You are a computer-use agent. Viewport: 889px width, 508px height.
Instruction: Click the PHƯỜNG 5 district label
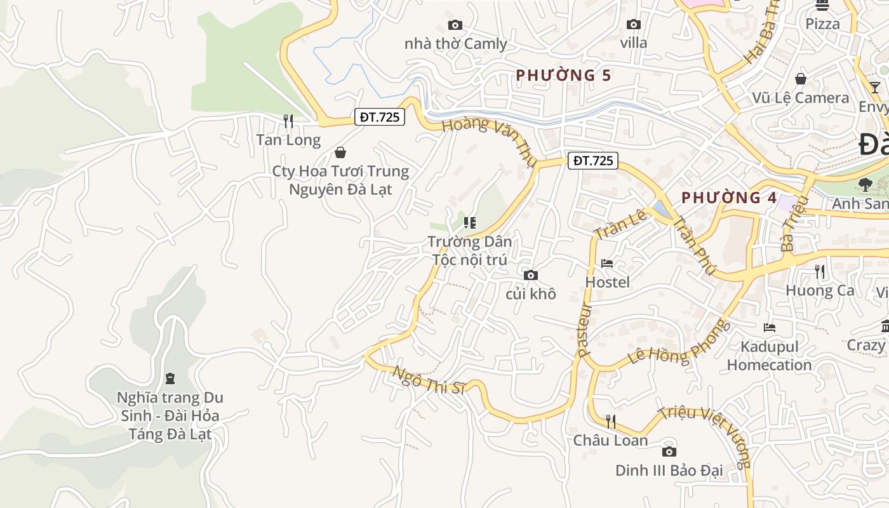[x=563, y=76]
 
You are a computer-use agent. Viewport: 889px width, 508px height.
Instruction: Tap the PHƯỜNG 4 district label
[x=729, y=197]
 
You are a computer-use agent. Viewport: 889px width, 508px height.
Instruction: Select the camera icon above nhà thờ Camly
[x=455, y=25]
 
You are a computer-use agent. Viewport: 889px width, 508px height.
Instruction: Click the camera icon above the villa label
[x=633, y=24]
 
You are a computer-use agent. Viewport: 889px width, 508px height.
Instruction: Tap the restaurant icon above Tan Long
[x=288, y=120]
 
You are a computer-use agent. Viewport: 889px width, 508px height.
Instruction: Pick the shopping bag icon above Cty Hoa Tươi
[x=340, y=152]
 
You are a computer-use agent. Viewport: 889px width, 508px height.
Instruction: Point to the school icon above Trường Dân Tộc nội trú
[x=470, y=222]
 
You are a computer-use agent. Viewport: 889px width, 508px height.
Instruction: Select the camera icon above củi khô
[x=531, y=275]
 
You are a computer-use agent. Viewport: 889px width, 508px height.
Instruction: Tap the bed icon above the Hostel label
[x=607, y=263]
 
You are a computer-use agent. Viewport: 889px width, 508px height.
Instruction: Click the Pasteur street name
[x=585, y=330]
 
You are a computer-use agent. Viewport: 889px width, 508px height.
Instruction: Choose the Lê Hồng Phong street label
[x=678, y=344]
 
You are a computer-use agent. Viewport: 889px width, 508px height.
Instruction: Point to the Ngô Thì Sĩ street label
[x=429, y=380]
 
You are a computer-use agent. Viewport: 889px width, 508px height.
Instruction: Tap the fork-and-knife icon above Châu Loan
[x=610, y=421]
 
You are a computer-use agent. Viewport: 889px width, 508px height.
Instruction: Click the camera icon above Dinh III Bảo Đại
[x=669, y=451]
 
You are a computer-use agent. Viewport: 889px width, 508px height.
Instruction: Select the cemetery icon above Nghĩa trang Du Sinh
[x=170, y=378]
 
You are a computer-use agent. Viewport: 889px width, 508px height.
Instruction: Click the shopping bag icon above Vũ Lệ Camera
[x=801, y=79]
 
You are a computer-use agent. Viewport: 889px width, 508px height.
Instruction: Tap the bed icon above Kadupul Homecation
[x=770, y=328]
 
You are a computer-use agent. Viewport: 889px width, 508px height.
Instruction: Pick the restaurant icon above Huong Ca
[x=820, y=271]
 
